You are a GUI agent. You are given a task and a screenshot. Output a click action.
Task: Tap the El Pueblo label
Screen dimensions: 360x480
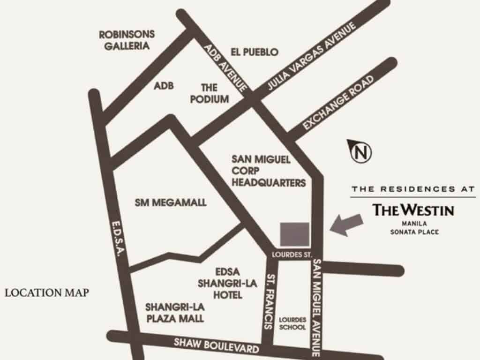255,52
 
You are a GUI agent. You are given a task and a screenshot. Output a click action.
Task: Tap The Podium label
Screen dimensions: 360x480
210,93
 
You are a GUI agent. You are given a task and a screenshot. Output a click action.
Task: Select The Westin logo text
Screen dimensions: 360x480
413,210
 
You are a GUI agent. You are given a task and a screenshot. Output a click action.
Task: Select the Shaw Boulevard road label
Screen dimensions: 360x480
216,346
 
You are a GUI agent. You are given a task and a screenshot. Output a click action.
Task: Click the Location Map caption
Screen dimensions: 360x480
47,293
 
